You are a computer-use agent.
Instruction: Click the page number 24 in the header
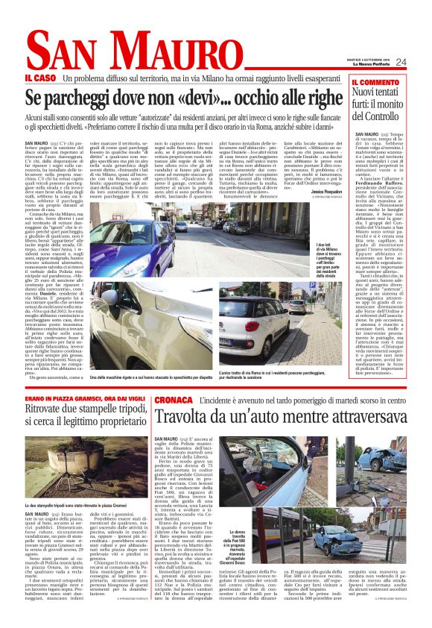coord(421,62)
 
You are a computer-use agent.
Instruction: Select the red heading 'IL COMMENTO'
coord(376,81)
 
